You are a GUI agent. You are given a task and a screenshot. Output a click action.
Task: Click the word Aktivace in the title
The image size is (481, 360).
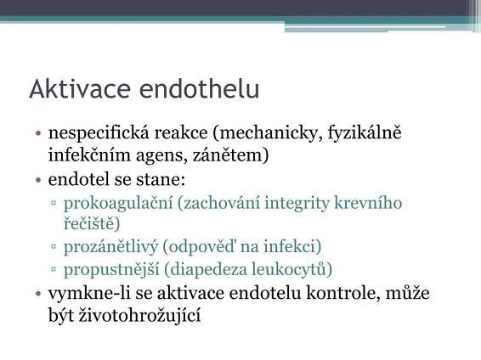tap(80, 89)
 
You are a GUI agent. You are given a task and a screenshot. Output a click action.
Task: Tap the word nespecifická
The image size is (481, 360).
tap(99, 133)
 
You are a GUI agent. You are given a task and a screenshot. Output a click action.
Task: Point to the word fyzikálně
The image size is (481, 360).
tap(365, 133)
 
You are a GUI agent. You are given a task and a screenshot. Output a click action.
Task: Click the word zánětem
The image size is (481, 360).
tap(230, 155)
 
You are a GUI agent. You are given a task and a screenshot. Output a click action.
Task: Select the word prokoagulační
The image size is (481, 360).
tap(118, 204)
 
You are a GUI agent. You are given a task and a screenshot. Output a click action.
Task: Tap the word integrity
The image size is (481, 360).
tap(297, 204)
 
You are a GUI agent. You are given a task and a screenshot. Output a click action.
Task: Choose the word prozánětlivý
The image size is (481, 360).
tap(110, 246)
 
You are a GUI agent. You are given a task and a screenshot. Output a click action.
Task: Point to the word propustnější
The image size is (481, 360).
tap(111, 270)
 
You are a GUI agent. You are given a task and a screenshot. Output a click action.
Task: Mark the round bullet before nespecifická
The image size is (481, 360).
tap(38, 133)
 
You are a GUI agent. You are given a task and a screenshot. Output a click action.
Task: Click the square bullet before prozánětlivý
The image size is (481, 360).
tap(54, 246)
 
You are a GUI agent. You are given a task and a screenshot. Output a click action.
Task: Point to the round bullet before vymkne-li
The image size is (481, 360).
tap(38, 294)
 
